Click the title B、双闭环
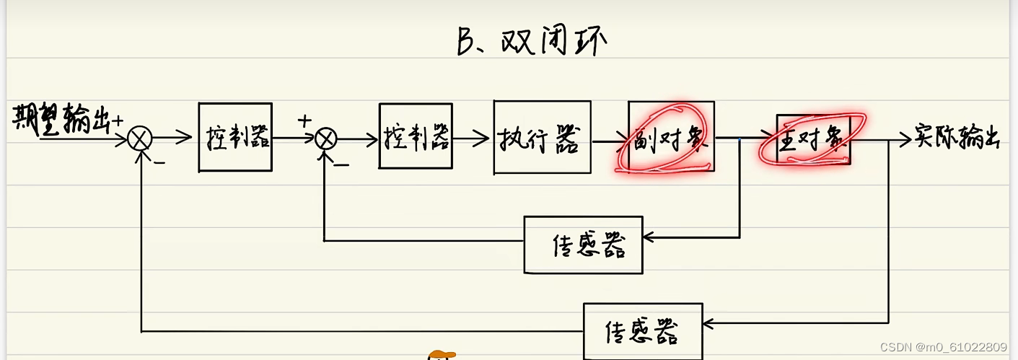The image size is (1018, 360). point(532,42)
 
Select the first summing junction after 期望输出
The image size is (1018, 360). point(139,139)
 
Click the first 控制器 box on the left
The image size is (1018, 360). point(235,137)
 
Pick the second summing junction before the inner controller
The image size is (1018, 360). point(327,139)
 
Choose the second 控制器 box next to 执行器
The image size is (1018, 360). point(416,136)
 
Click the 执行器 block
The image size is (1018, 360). point(542,137)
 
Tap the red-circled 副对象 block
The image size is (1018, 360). point(671,136)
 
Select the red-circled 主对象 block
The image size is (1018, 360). point(813,139)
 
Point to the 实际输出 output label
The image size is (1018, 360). point(956,137)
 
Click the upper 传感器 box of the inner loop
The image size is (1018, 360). point(583,245)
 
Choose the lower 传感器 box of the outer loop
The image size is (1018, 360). point(642,331)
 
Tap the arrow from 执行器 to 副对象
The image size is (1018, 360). point(610,141)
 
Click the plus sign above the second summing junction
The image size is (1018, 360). point(305,120)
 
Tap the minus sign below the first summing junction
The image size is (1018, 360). point(159,162)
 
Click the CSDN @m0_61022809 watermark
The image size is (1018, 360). point(943,347)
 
